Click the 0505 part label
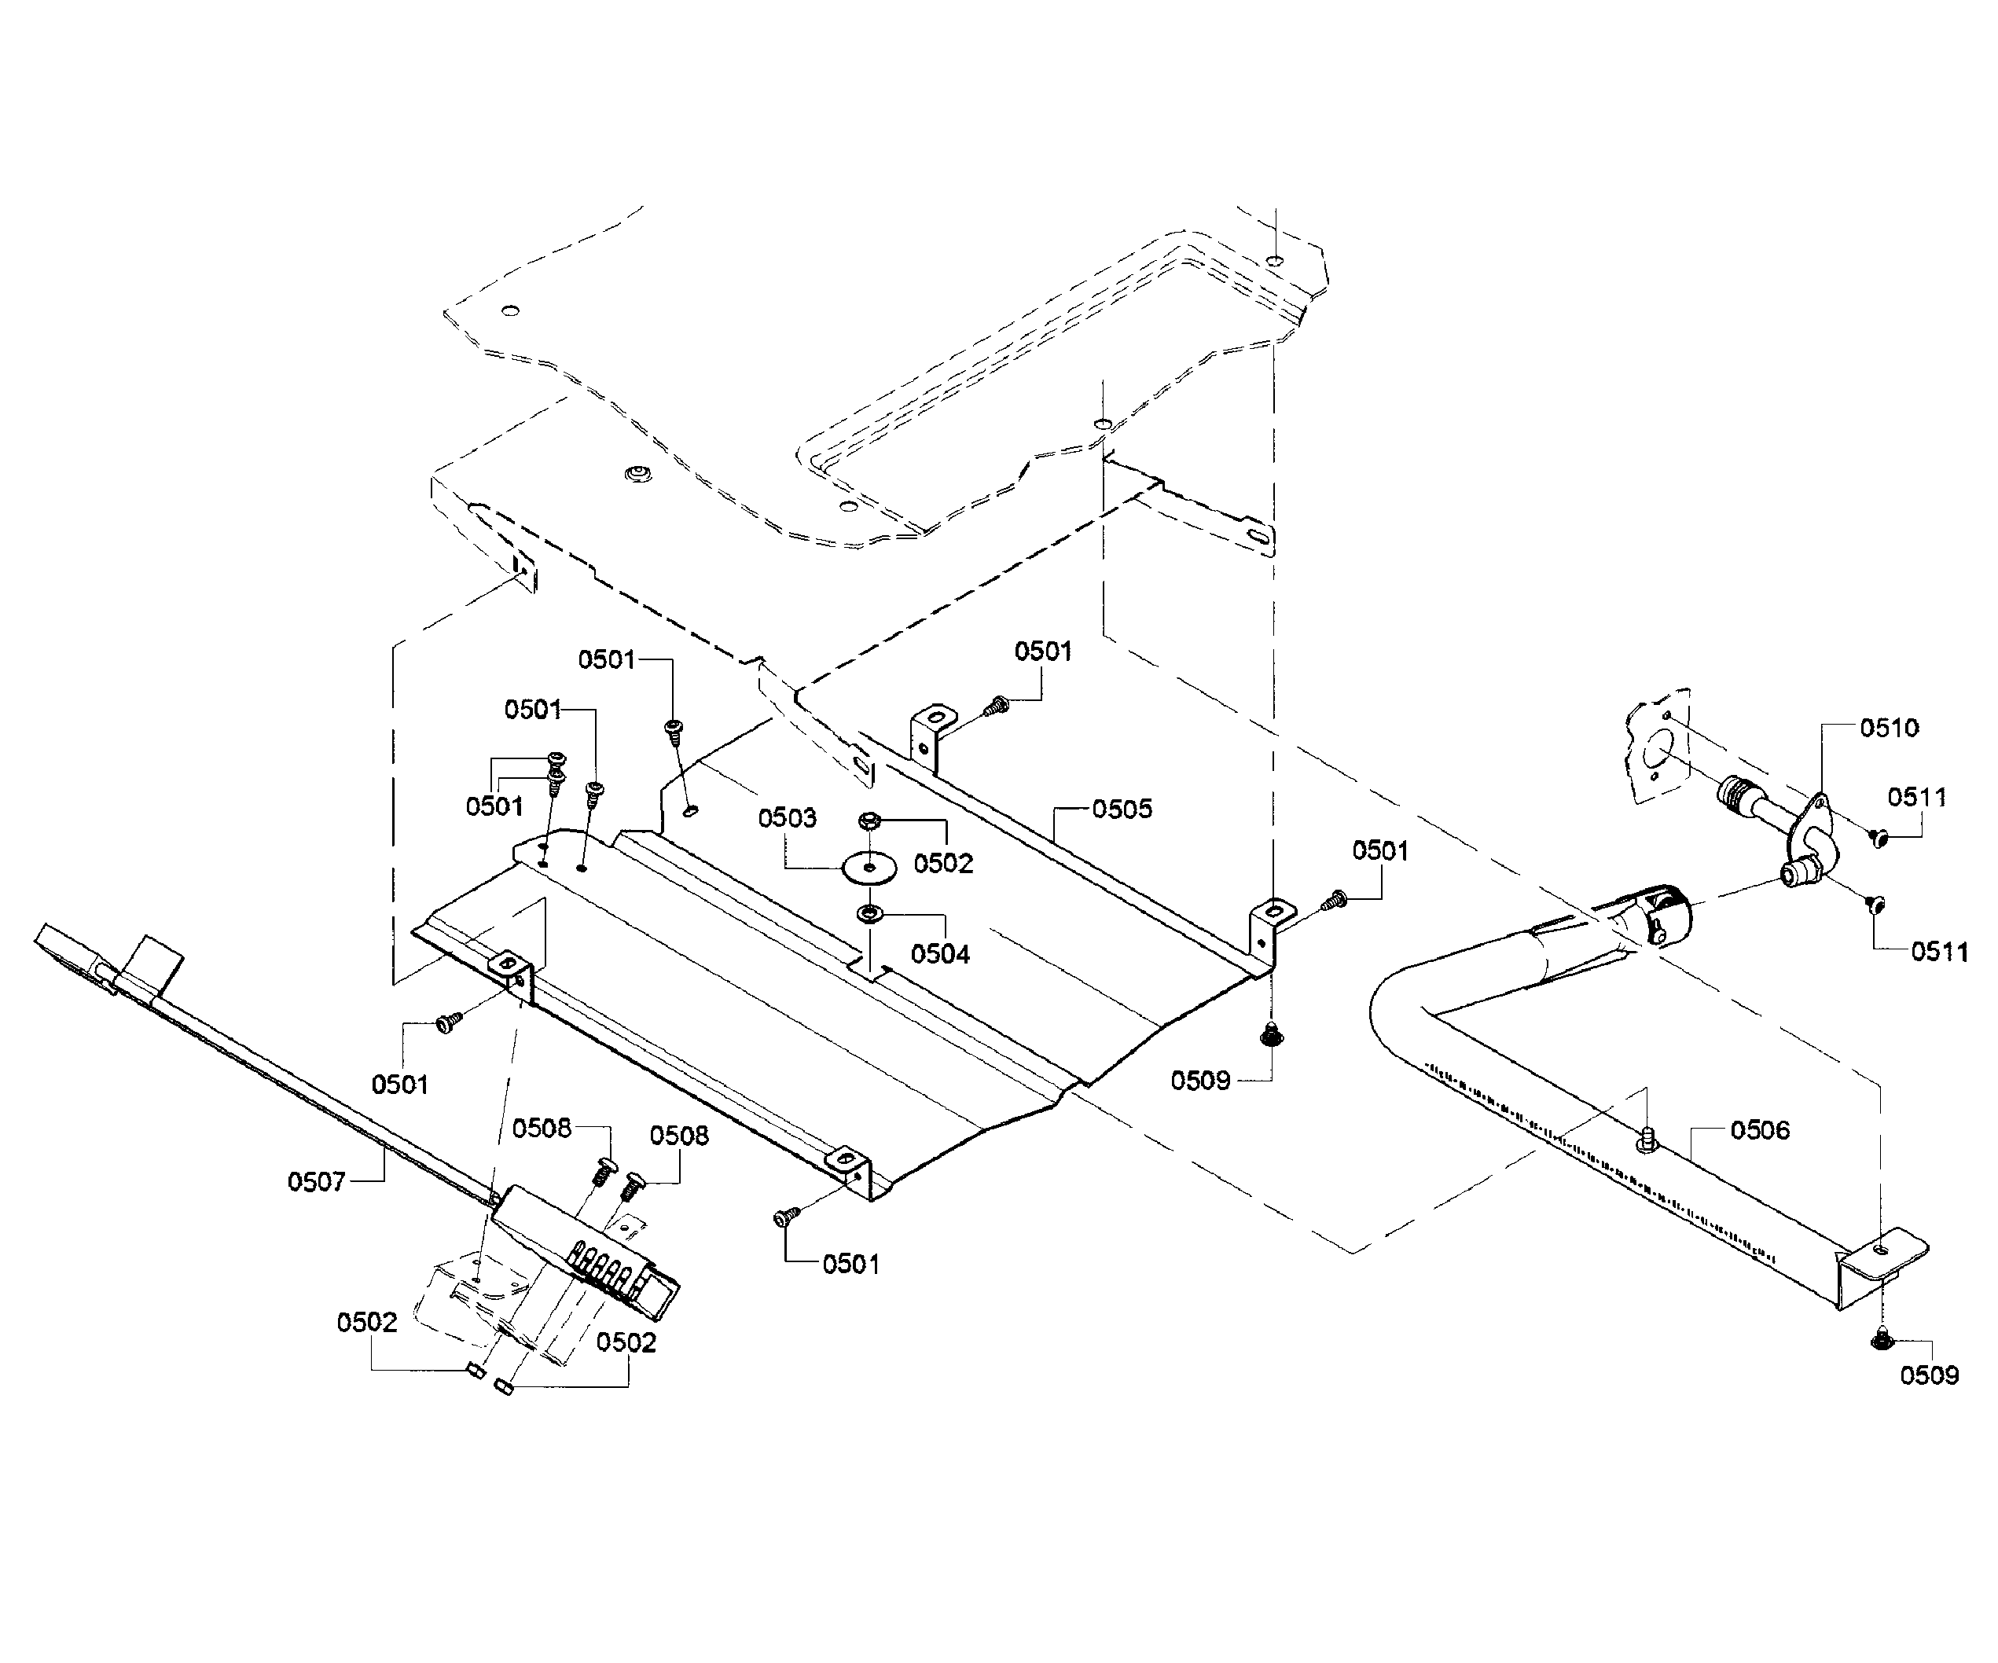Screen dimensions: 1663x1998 (x=1122, y=809)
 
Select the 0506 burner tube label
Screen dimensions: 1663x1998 (x=1760, y=1130)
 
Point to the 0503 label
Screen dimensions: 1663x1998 (x=787, y=818)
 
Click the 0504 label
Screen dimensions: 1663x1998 (x=940, y=953)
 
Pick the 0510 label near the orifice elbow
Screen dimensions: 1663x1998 (x=1889, y=728)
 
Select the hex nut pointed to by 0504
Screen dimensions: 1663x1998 (x=869, y=914)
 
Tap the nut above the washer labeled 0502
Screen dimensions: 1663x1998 (x=868, y=820)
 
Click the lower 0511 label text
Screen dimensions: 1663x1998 (x=1939, y=952)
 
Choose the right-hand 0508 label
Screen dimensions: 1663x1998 (x=678, y=1136)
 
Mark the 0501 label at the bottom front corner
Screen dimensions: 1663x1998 (x=850, y=1265)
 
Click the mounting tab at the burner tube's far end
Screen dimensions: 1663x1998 (x=1888, y=1254)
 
